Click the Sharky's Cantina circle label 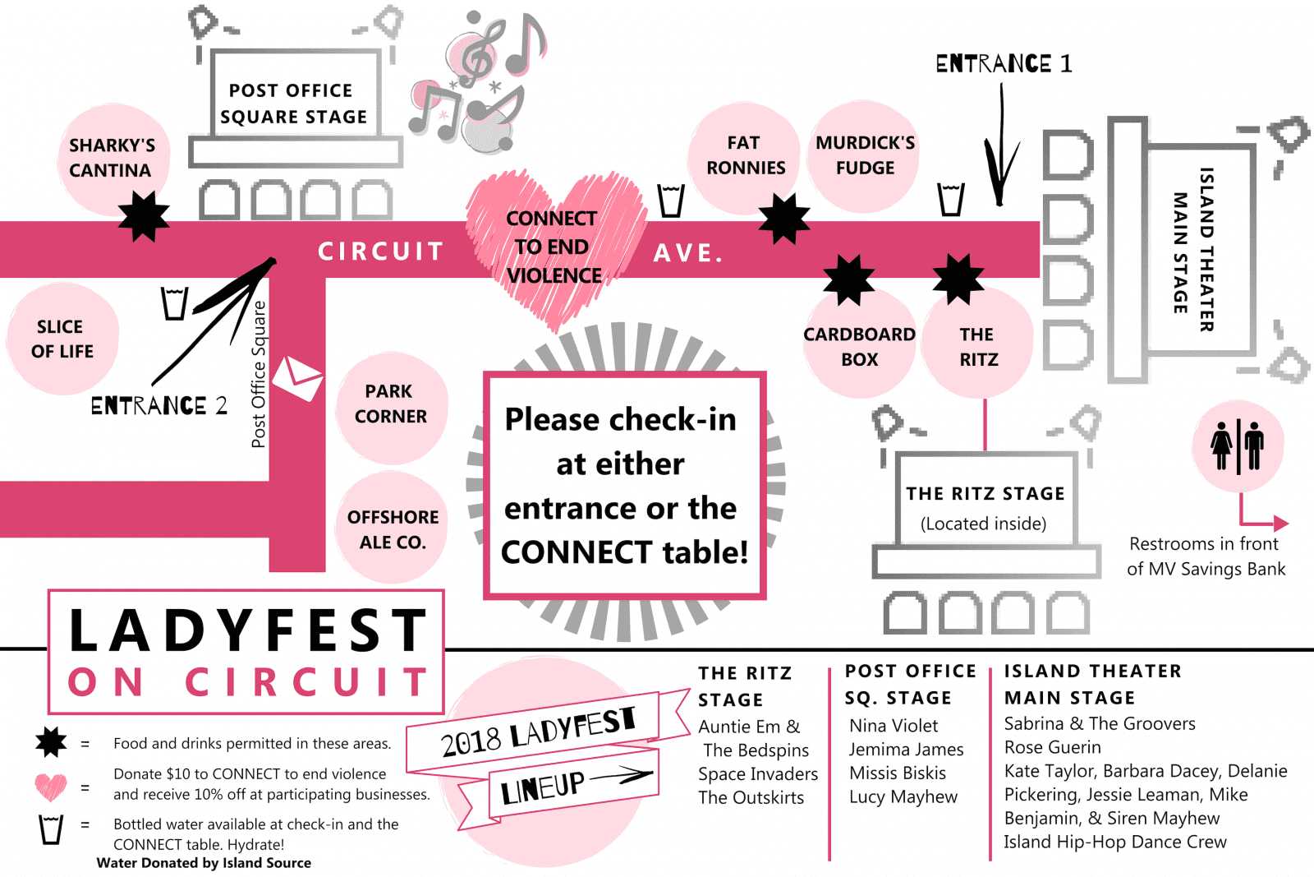tap(112, 158)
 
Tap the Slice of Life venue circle tap(62, 339)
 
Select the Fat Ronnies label tap(745, 155)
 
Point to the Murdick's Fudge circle tap(865, 155)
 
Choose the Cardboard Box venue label tap(859, 346)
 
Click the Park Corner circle tap(391, 404)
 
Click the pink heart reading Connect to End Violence tap(553, 247)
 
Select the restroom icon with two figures tap(1238, 446)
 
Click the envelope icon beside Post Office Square tap(297, 379)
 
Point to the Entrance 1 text tap(1004, 64)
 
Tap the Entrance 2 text tap(159, 406)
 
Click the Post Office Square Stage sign tap(293, 104)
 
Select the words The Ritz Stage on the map tap(985, 494)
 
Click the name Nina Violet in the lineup tap(894, 726)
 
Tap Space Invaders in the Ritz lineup tap(758, 774)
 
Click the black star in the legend tap(51, 742)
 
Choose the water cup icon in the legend tap(51, 829)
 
